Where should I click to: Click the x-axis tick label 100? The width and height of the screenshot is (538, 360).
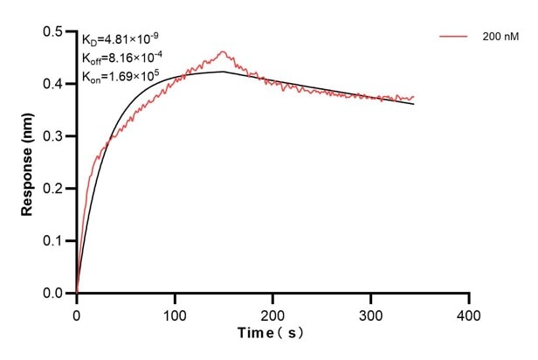175,313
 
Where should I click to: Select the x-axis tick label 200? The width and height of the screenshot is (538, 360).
273,313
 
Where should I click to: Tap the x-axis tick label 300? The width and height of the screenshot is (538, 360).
371,313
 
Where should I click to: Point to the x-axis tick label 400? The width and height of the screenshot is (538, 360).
470,313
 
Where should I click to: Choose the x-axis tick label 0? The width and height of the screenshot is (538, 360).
77,313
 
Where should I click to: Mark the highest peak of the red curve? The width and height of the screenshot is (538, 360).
223,52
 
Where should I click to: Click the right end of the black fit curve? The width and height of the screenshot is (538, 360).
413,104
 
